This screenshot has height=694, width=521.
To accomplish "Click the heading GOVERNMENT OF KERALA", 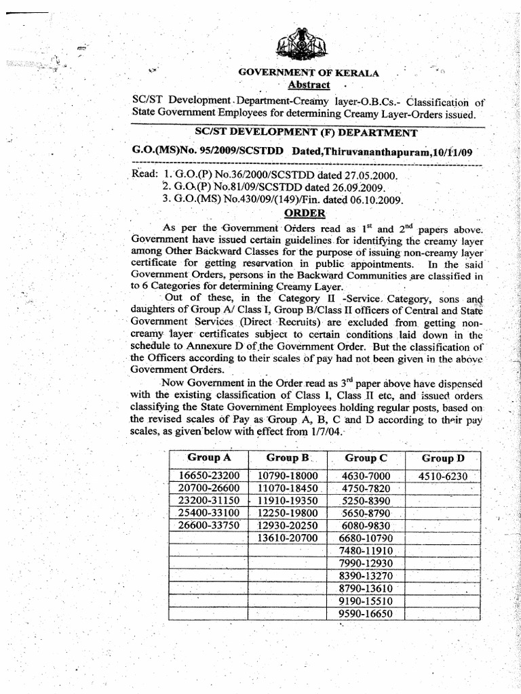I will pyautogui.click(x=308, y=73).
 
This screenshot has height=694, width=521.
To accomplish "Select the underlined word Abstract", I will pyautogui.click(x=309, y=85).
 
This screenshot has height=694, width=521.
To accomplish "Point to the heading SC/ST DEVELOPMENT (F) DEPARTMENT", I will pyautogui.click(x=307, y=133).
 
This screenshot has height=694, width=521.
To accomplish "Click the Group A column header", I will pyautogui.click(x=209, y=457).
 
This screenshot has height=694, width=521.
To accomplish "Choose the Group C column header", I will pyautogui.click(x=366, y=458).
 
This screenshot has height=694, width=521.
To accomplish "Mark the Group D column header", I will pyautogui.click(x=442, y=458).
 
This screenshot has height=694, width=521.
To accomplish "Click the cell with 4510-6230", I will pyautogui.click(x=443, y=476).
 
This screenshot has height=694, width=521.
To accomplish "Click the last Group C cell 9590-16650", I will pyautogui.click(x=366, y=613).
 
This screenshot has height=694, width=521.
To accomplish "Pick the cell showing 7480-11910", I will pyautogui.click(x=366, y=550).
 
